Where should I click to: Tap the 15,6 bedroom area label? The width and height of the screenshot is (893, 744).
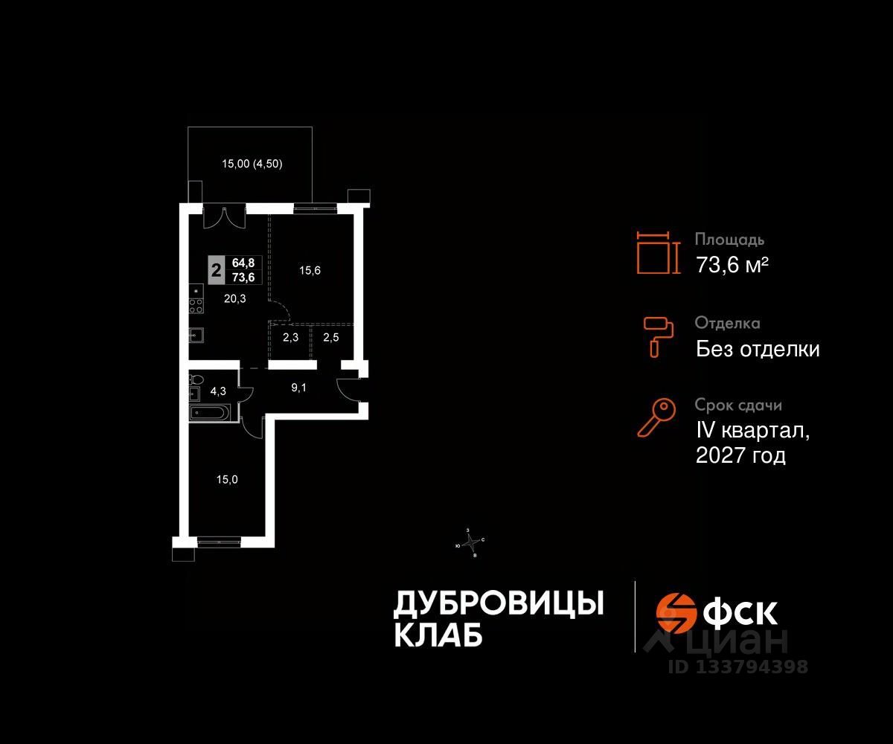[x=310, y=271]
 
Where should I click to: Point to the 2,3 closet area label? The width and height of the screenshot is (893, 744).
[x=290, y=338]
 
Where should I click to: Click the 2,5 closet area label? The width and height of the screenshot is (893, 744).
[x=330, y=338]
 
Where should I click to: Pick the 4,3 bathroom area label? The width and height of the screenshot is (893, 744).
[x=218, y=389]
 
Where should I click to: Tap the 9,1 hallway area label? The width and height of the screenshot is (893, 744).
[x=296, y=386]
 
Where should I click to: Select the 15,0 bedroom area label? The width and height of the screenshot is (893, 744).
[x=227, y=480]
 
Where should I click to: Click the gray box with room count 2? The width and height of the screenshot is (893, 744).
[x=216, y=269]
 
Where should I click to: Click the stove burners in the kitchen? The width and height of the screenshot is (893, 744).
[x=196, y=305]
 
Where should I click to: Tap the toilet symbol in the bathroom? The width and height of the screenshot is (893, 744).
[x=195, y=379]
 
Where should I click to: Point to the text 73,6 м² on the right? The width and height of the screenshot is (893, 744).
[x=732, y=264]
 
